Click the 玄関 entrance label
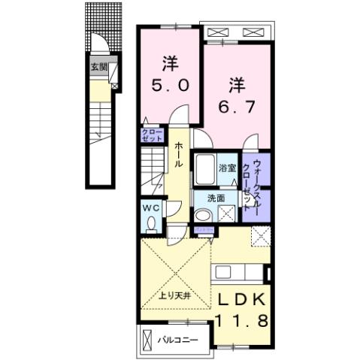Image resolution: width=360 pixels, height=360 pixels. click(x=98, y=66)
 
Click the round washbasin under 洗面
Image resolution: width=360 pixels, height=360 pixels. click(x=202, y=216)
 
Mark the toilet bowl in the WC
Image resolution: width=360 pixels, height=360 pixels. click(x=152, y=223)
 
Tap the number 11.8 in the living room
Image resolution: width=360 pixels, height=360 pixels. click(x=242, y=322)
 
